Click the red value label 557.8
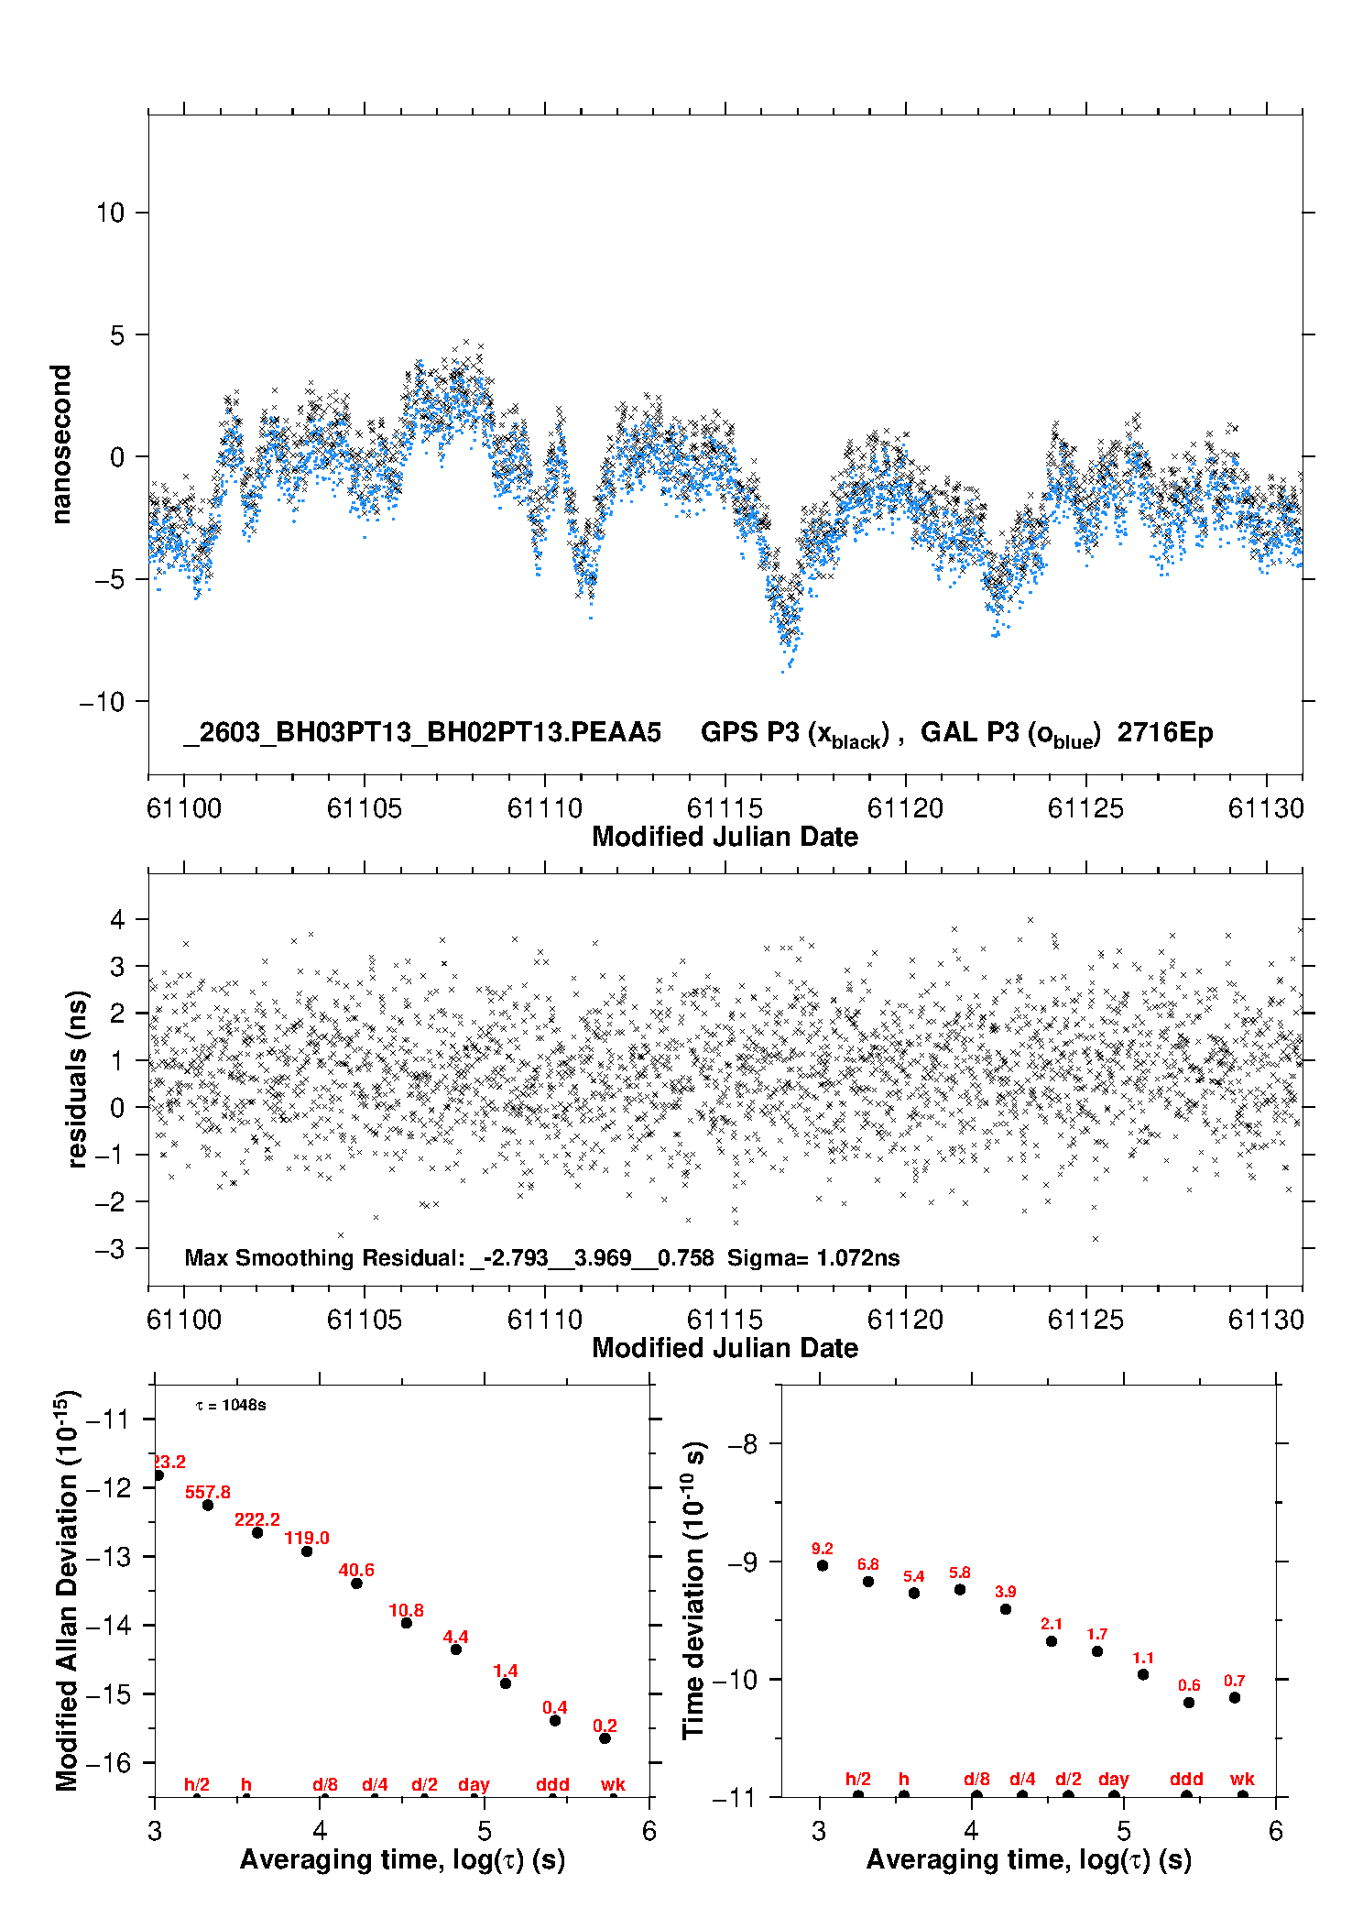coord(208,1492)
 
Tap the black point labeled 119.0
coord(307,1551)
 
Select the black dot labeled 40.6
coord(356,1583)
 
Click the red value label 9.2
coord(823,1549)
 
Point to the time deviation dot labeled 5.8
coord(960,1589)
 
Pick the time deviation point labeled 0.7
coord(1235,1697)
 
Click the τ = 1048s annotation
coord(231,1405)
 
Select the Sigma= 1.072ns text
coord(813,1257)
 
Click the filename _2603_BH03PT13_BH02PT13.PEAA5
coord(422,732)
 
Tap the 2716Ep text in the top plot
coord(1165,732)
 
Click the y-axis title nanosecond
coord(60,444)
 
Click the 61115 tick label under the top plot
coord(725,808)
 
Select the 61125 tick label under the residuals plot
coord(1085,1320)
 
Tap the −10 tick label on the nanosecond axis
coord(102,702)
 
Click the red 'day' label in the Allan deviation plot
coord(474,1784)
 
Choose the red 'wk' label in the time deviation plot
coord(1242,1779)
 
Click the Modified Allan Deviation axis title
coord(67,1590)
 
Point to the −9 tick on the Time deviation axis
coord(743,1562)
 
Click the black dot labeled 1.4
coord(506,1682)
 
